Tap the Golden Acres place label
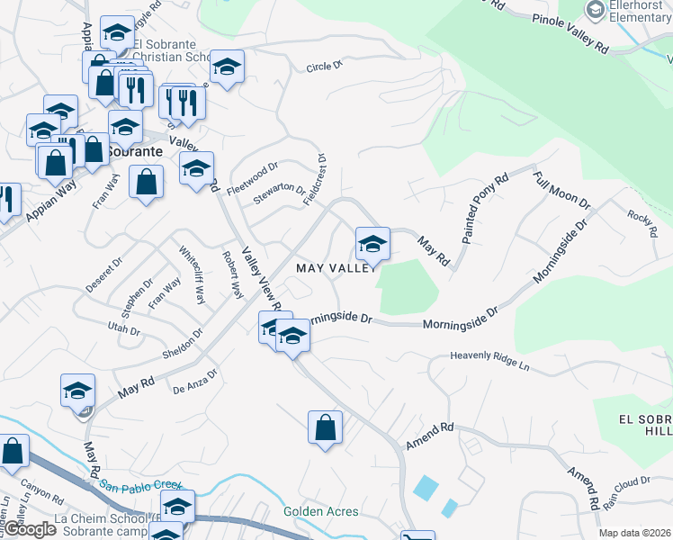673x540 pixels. [x=321, y=511]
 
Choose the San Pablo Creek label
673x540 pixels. [x=140, y=486]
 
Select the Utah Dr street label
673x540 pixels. [x=124, y=328]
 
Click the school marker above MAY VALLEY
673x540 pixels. [x=372, y=243]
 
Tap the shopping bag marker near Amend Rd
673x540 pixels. [x=325, y=427]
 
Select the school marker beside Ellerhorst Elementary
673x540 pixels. [x=595, y=12]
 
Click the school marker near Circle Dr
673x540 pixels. [x=227, y=67]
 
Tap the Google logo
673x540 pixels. [x=31, y=529]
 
